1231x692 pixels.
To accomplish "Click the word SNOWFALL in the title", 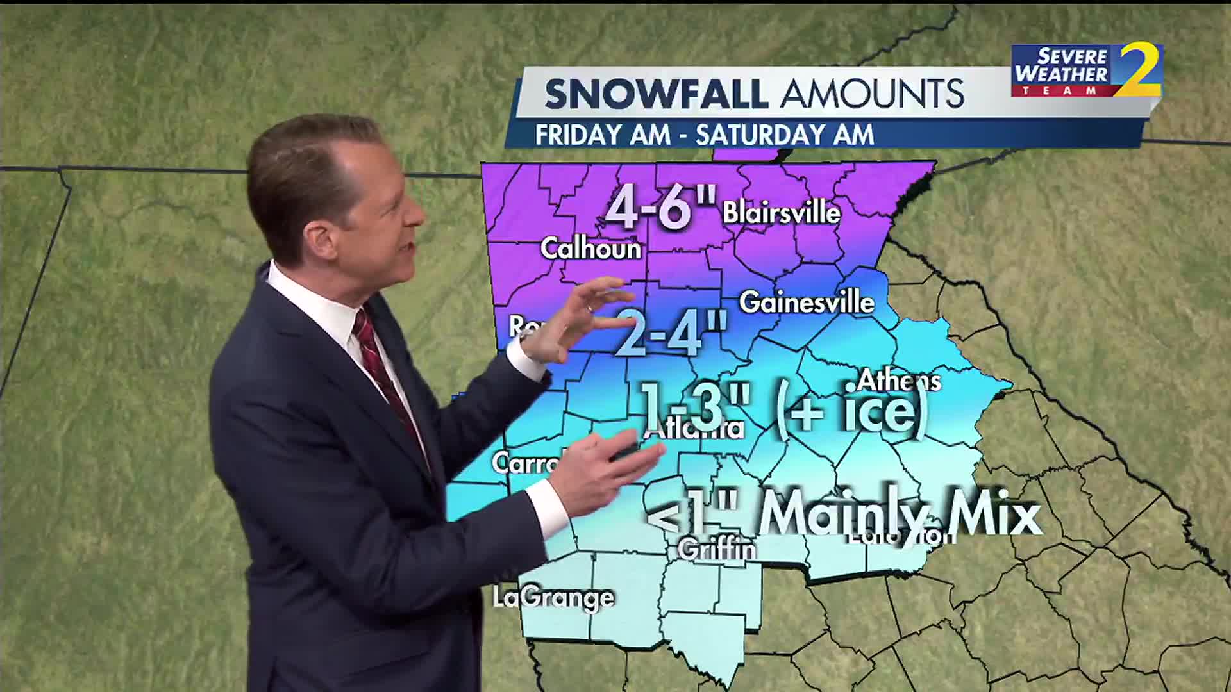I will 656,94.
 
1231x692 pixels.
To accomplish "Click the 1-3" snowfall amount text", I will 696,408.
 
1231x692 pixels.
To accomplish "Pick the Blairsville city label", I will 782,213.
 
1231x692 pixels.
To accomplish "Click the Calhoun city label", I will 590,249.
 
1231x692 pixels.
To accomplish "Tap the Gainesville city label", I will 807,302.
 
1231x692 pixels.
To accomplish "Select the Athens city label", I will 899,381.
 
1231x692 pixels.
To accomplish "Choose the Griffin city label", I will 717,549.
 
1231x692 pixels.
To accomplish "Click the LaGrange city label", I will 553,597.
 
